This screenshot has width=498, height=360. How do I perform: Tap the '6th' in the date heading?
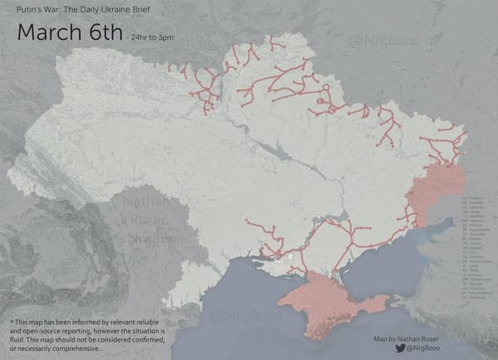pyautogui.click(x=102, y=34)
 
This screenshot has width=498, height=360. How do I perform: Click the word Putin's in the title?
pyautogui.click(x=28, y=11)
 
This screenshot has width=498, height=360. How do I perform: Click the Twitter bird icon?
pyautogui.click(x=400, y=348)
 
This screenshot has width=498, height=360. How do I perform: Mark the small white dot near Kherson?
pyautogui.click(x=290, y=258)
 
